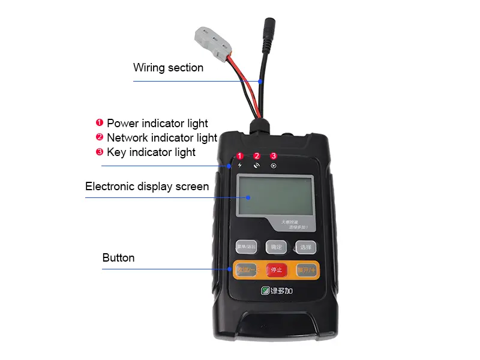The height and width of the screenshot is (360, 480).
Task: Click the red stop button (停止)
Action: (276, 269)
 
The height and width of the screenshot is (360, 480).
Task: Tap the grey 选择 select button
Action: (305, 247)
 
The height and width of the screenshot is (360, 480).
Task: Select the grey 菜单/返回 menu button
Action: (245, 247)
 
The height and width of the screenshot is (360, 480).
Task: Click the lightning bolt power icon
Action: (240, 166)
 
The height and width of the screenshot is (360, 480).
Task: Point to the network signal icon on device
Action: (257, 166)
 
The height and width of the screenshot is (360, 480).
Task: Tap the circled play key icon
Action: (274, 166)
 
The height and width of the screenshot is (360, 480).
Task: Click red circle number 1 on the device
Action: (240, 155)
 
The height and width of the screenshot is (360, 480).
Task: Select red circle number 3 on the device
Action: (274, 155)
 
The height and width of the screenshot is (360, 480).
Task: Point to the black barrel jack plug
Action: (267, 29)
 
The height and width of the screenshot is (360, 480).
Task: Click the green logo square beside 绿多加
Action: (265, 292)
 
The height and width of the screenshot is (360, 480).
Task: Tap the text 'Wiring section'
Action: (168, 68)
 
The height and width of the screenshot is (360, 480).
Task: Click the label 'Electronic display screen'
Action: (147, 187)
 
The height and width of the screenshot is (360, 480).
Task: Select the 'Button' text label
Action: (118, 258)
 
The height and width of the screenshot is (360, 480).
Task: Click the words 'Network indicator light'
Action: (161, 137)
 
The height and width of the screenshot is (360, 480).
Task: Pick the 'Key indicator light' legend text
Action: (151, 152)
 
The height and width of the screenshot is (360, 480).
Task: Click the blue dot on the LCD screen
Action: (248, 196)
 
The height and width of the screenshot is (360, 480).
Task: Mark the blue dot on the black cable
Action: (260, 80)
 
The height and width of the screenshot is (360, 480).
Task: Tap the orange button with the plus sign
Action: (306, 269)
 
